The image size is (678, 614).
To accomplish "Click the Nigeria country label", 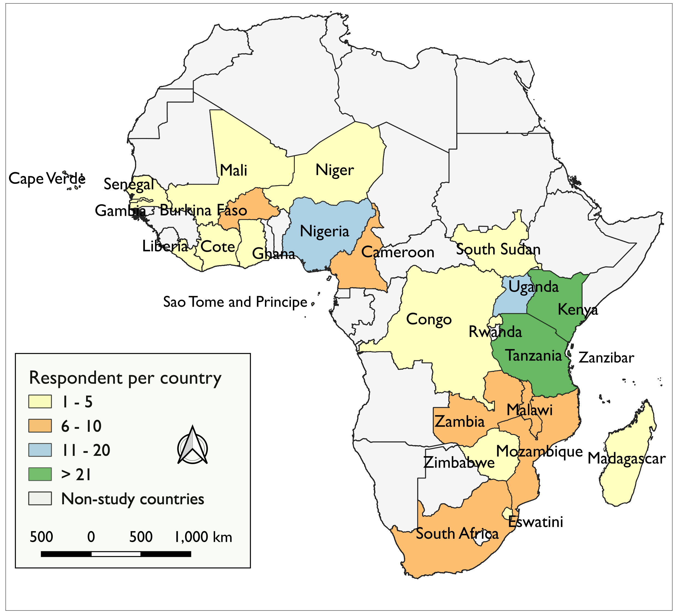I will pyautogui.click(x=324, y=231).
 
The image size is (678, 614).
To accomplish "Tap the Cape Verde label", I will pyautogui.click(x=47, y=178).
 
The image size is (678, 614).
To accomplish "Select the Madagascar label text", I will pyautogui.click(x=626, y=459).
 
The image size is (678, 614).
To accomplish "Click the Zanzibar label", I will pyautogui.click(x=606, y=358).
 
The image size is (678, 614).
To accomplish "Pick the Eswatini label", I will pyautogui.click(x=535, y=522).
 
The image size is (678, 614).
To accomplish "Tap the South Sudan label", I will pyautogui.click(x=498, y=250).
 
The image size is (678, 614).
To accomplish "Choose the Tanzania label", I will pyautogui.click(x=534, y=356).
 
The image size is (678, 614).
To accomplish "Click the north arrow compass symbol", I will pyautogui.click(x=192, y=446).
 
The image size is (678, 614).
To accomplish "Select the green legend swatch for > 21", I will pyautogui.click(x=40, y=474).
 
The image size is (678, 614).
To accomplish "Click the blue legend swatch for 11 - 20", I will pyautogui.click(x=40, y=450).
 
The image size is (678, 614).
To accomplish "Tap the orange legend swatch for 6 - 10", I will pyautogui.click(x=40, y=426).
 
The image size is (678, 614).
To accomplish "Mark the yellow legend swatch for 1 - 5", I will pyautogui.click(x=40, y=402).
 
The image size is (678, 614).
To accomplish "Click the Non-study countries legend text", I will pyautogui.click(x=133, y=499).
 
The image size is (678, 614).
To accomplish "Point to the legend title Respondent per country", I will pyautogui.click(x=125, y=378).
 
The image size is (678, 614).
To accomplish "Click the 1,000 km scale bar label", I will pyautogui.click(x=203, y=537).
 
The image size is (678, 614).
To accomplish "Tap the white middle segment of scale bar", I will pyautogui.click(x=116, y=554).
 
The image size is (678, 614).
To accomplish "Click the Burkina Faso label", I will pyautogui.click(x=203, y=210).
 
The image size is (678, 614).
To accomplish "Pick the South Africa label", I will pyautogui.click(x=457, y=534).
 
